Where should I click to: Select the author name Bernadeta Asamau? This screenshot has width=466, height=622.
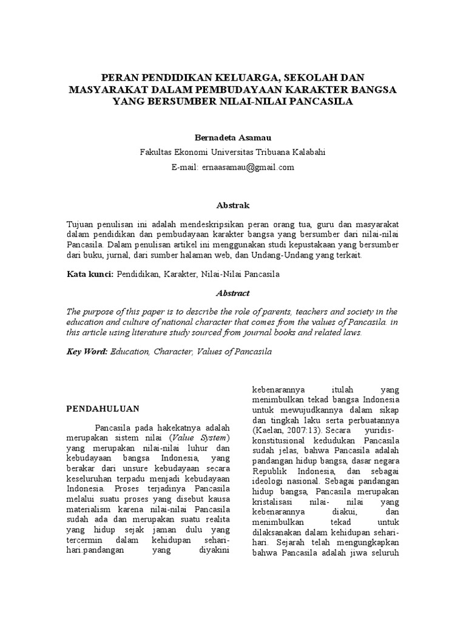coord(232,139)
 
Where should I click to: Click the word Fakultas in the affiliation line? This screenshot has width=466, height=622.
coord(157,153)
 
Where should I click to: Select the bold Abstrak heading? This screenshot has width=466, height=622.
coord(232,206)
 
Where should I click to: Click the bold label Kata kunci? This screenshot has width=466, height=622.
coord(90,275)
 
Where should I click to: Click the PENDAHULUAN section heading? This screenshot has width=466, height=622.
coord(103,409)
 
